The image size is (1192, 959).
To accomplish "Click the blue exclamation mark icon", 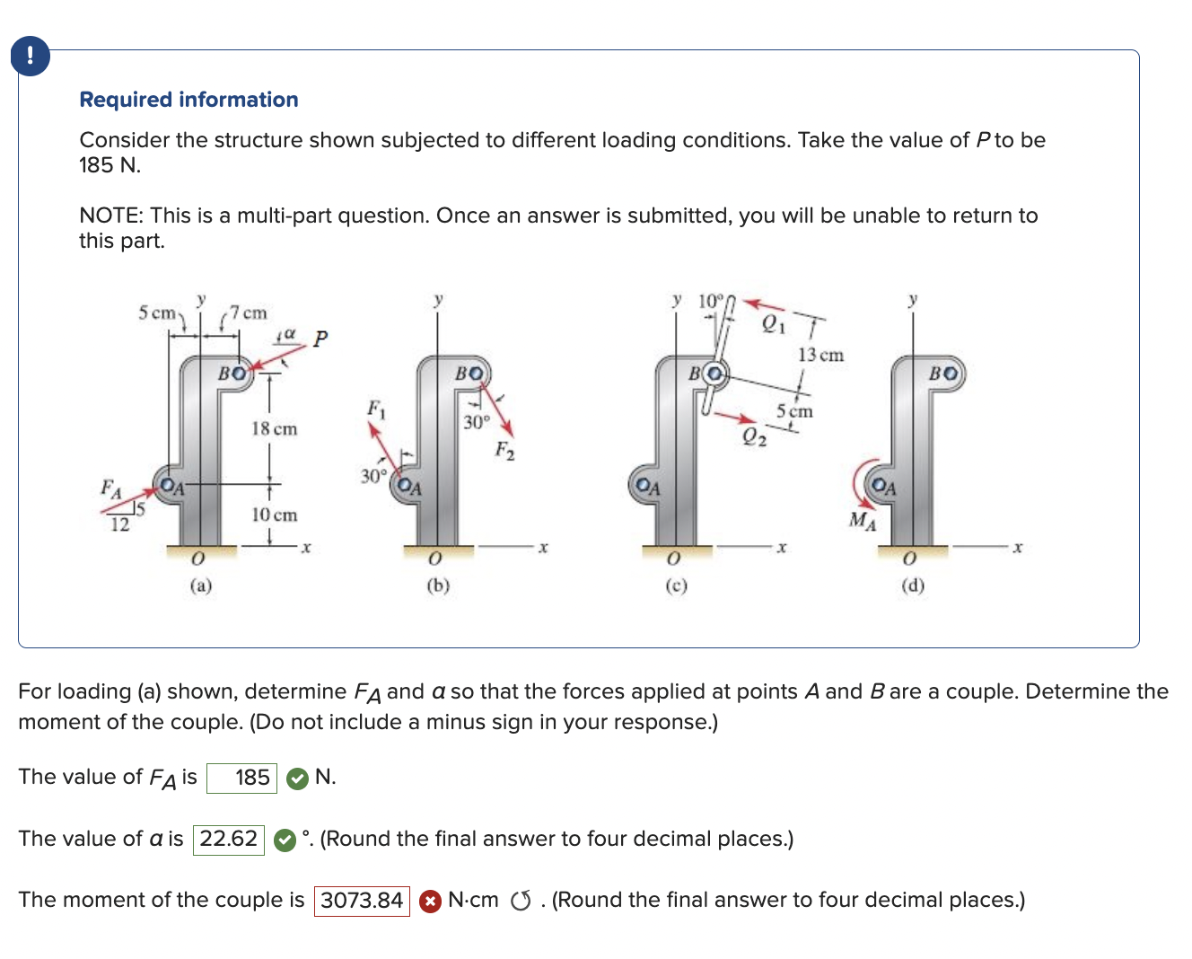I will (31, 56).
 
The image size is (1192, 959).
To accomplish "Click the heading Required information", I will (188, 100).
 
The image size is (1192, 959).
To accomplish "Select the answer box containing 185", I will (241, 778).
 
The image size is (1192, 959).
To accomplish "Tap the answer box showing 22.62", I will (229, 840).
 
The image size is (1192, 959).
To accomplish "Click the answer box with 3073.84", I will (362, 901).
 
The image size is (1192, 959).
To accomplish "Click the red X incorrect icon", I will (431, 901).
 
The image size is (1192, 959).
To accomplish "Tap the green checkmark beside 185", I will (297, 779).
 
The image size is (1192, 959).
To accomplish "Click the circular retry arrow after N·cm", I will (521, 901).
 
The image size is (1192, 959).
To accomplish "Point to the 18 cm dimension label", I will (274, 429).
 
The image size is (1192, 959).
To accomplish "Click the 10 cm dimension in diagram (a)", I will (274, 515).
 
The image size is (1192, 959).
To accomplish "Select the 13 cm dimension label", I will (820, 356).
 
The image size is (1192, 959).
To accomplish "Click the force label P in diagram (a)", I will (320, 339).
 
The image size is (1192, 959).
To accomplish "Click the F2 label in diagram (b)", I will (505, 451).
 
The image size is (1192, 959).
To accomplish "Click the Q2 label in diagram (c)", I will (755, 437).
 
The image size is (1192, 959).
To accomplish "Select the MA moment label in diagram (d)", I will (863, 520).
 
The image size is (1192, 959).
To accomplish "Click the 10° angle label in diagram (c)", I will (710, 300).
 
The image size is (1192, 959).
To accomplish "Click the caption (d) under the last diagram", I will (913, 585).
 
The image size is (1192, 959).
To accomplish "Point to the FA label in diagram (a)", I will (110, 488).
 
